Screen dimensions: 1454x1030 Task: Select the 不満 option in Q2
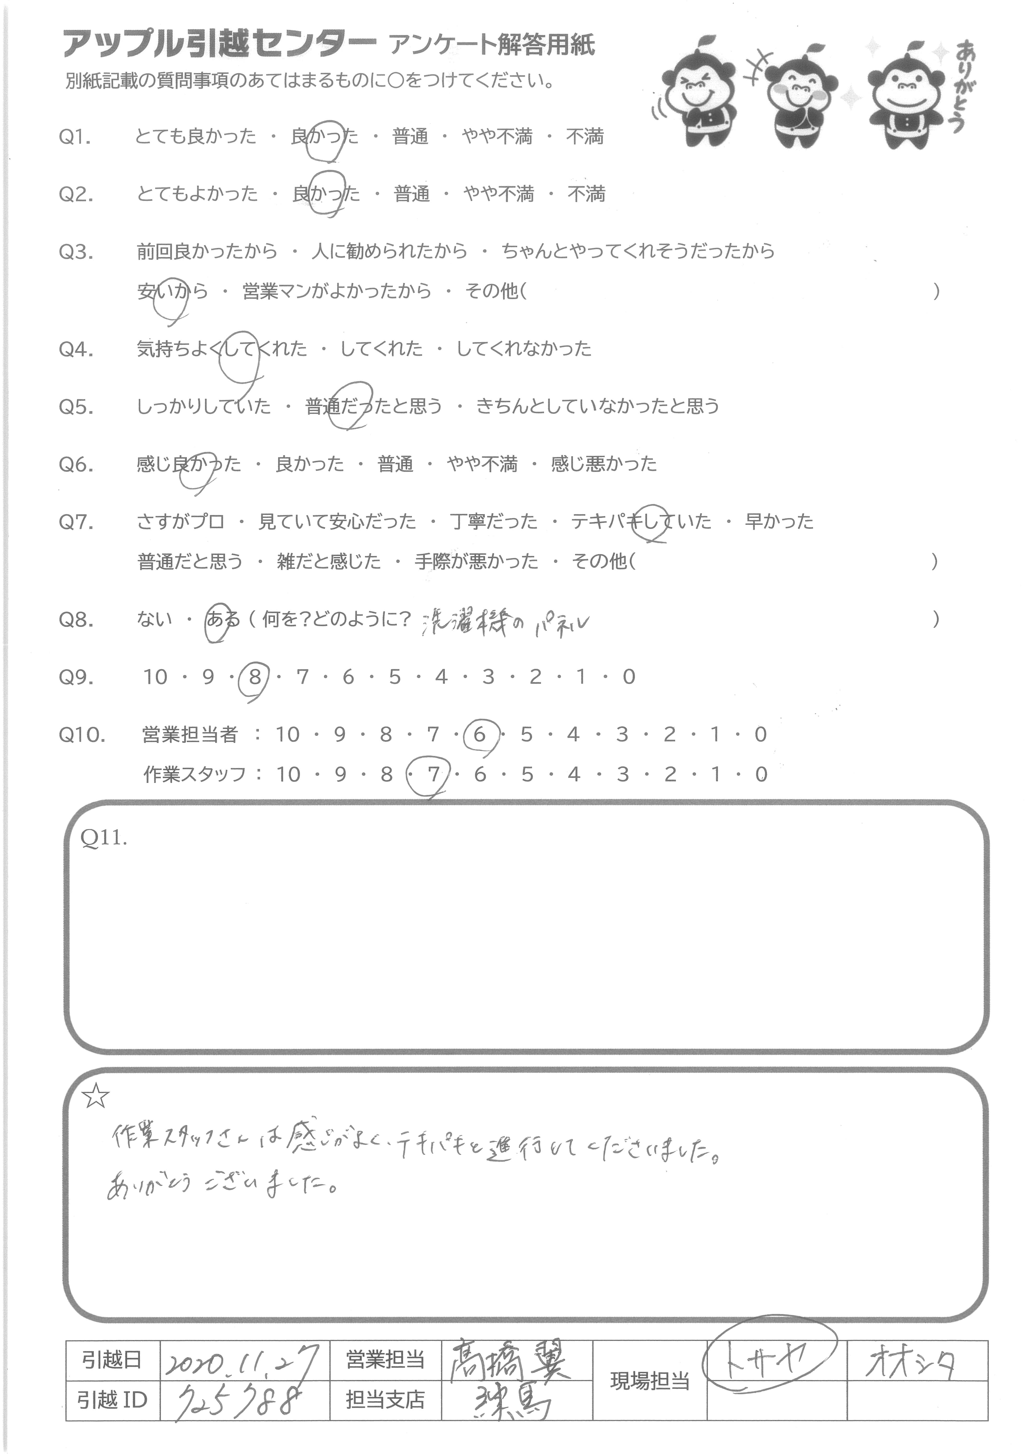tap(586, 194)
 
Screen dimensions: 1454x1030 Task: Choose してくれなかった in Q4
tap(524, 349)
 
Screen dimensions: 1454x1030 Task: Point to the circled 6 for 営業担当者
tap(479, 735)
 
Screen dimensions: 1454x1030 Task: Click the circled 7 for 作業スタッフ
tap(433, 775)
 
